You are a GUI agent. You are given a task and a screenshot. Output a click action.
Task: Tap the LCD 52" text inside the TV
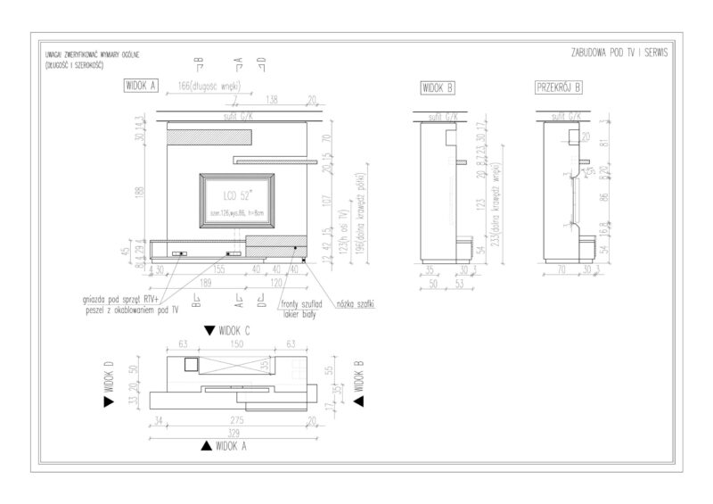[235, 194]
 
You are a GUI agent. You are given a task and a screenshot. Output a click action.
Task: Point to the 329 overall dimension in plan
[234, 430]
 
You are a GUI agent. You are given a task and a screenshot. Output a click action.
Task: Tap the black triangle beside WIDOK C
[209, 330]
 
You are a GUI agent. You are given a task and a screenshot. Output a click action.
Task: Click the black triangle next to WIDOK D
[109, 402]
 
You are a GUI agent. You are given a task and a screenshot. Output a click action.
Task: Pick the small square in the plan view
[190, 363]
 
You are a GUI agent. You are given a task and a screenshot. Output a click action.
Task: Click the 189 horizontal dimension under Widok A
[206, 281]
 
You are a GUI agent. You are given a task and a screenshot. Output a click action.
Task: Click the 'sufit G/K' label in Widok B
[443, 116]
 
